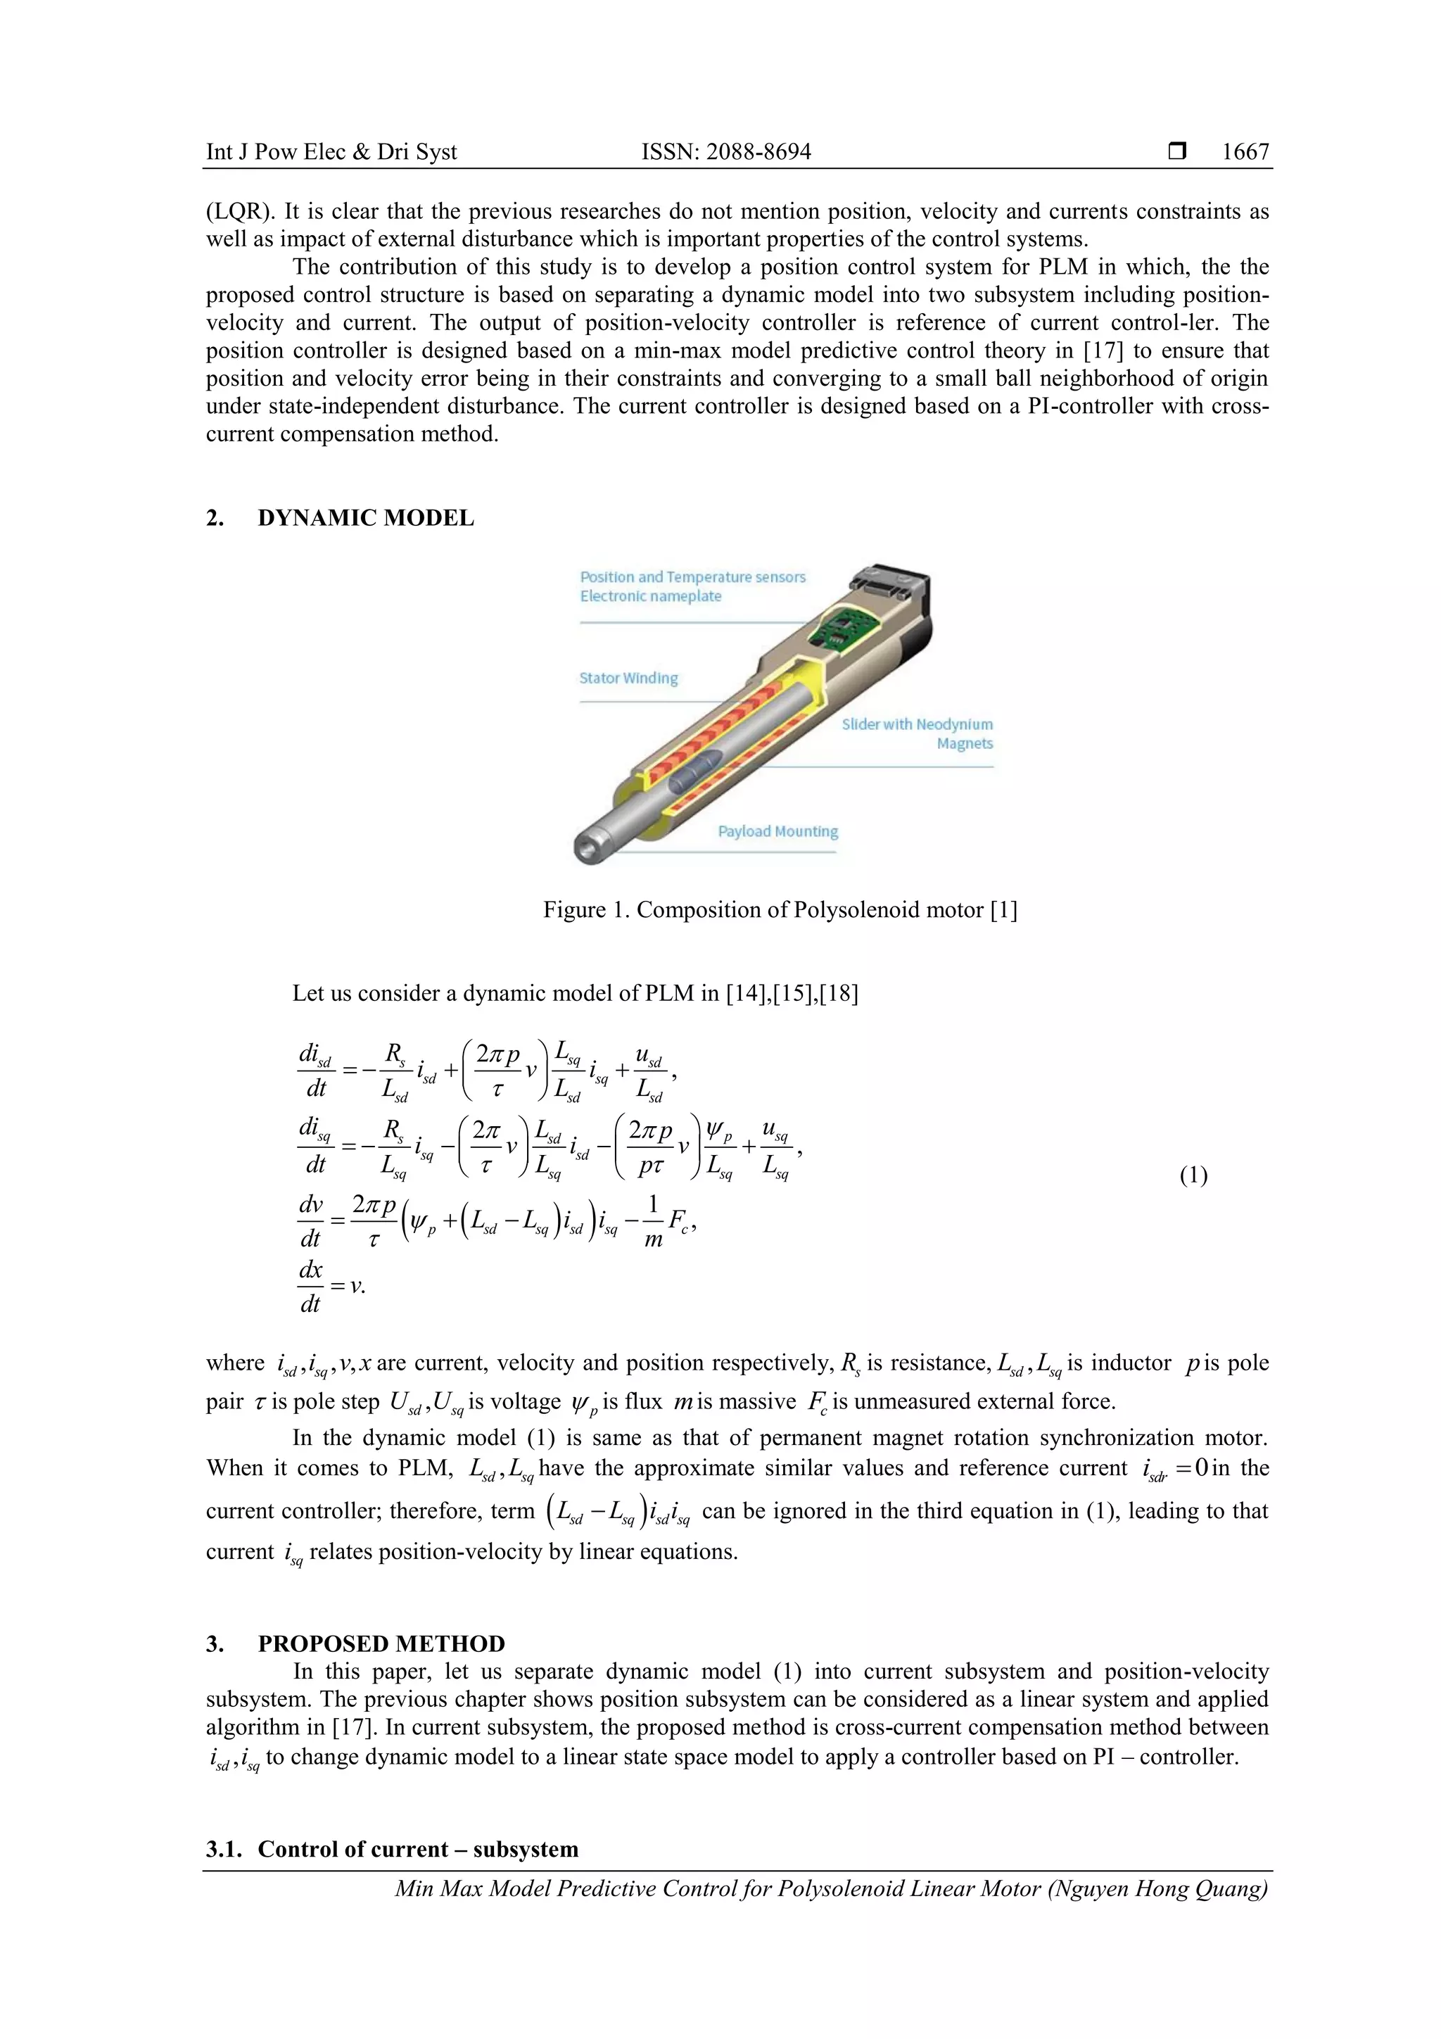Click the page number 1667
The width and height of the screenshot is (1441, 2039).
[1245, 152]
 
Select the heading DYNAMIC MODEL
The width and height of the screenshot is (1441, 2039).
[366, 519]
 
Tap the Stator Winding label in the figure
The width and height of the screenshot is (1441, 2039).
[628, 678]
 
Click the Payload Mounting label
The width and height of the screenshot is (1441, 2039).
[777, 832]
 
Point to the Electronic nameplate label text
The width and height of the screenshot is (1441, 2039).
[650, 597]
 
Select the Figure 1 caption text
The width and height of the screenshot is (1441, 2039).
[780, 910]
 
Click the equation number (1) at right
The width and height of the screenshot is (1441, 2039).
[1193, 1177]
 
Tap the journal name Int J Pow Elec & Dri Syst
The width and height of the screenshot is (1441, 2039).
[331, 152]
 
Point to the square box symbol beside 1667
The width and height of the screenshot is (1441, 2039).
[1177, 152]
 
